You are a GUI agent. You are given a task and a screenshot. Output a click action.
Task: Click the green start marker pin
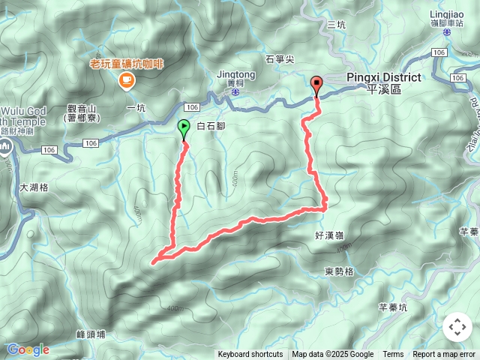[184, 129]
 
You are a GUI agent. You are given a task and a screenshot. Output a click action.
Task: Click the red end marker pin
[316, 85]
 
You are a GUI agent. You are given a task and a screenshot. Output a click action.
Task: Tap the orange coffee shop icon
[125, 79]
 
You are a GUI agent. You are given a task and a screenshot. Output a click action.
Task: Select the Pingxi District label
[383, 77]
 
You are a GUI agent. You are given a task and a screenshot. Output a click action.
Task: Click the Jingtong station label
[235, 75]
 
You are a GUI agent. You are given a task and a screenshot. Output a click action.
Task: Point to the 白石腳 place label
[210, 127]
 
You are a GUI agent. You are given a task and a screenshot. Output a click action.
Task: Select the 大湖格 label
[34, 187]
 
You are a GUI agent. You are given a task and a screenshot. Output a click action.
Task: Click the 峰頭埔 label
[91, 334]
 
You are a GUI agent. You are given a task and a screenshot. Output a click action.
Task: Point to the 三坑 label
[337, 25]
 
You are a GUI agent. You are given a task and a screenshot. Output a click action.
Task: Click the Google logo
[28, 349]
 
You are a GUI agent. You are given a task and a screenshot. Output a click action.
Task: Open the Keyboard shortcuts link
[250, 355]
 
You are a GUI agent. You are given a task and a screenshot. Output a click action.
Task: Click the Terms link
[393, 355]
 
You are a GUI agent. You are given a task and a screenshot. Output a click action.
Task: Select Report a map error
[444, 355]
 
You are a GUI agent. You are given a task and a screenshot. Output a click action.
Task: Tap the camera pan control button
[457, 327]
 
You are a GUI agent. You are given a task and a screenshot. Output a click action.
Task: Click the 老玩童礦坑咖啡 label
[125, 64]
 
